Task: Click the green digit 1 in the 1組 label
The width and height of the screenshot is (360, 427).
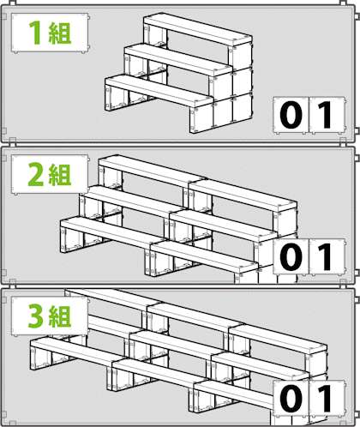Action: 35,33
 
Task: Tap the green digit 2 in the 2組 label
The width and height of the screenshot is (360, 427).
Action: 37,175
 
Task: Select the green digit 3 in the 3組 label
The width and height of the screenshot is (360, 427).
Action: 37,316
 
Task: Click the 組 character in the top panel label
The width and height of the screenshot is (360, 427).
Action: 60,33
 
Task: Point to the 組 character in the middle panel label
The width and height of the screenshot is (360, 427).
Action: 60,175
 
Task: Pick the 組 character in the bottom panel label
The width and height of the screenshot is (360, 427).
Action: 60,316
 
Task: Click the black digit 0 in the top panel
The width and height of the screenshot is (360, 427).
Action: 291,115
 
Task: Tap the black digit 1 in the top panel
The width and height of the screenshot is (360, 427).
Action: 325,115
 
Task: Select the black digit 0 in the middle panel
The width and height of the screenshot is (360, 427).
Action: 291,256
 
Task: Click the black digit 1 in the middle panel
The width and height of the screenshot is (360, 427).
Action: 325,256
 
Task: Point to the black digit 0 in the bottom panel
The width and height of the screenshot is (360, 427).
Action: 291,398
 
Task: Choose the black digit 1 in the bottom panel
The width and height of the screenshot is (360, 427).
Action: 325,398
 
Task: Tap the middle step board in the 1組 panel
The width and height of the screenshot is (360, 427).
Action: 178,61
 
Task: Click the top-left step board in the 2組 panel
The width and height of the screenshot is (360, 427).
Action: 153,171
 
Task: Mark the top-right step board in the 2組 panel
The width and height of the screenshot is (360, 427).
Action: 243,196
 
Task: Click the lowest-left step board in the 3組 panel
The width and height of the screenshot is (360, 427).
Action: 79,352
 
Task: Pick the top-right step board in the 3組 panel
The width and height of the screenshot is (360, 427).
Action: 278,340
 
